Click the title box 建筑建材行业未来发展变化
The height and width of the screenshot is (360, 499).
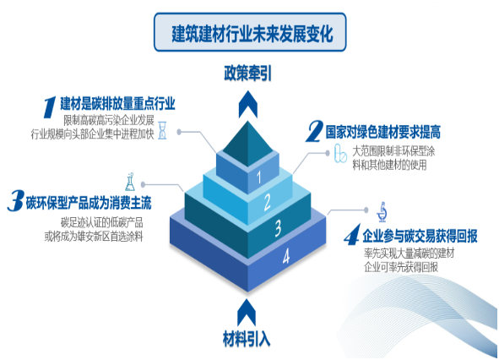(x=250, y=32)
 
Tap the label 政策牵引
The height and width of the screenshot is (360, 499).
(x=247, y=74)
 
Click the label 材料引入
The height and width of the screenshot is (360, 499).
(x=247, y=339)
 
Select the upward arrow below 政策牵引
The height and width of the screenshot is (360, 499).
(x=248, y=105)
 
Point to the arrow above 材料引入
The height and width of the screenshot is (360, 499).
(x=247, y=312)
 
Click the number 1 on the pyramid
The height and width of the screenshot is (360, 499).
(x=259, y=177)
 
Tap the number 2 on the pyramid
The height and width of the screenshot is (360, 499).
(x=268, y=202)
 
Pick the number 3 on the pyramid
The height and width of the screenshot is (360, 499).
(x=278, y=228)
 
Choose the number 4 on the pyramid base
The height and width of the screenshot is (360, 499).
(x=286, y=256)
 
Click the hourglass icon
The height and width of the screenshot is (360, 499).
(x=162, y=130)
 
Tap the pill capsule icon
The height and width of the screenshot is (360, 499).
(x=340, y=154)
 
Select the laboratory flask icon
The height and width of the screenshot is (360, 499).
(x=130, y=182)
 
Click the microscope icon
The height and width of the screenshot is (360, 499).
(x=382, y=212)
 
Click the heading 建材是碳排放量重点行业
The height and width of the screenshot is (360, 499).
(x=117, y=104)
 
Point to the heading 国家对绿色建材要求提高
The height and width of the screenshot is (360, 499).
(x=382, y=132)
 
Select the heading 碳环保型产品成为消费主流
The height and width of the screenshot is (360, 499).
(x=89, y=203)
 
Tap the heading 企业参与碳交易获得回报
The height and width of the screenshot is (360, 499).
(x=420, y=236)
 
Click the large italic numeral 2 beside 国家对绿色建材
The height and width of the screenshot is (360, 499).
(x=314, y=131)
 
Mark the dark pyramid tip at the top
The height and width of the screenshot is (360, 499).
(x=248, y=144)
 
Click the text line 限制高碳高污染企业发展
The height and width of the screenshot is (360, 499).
(x=109, y=121)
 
